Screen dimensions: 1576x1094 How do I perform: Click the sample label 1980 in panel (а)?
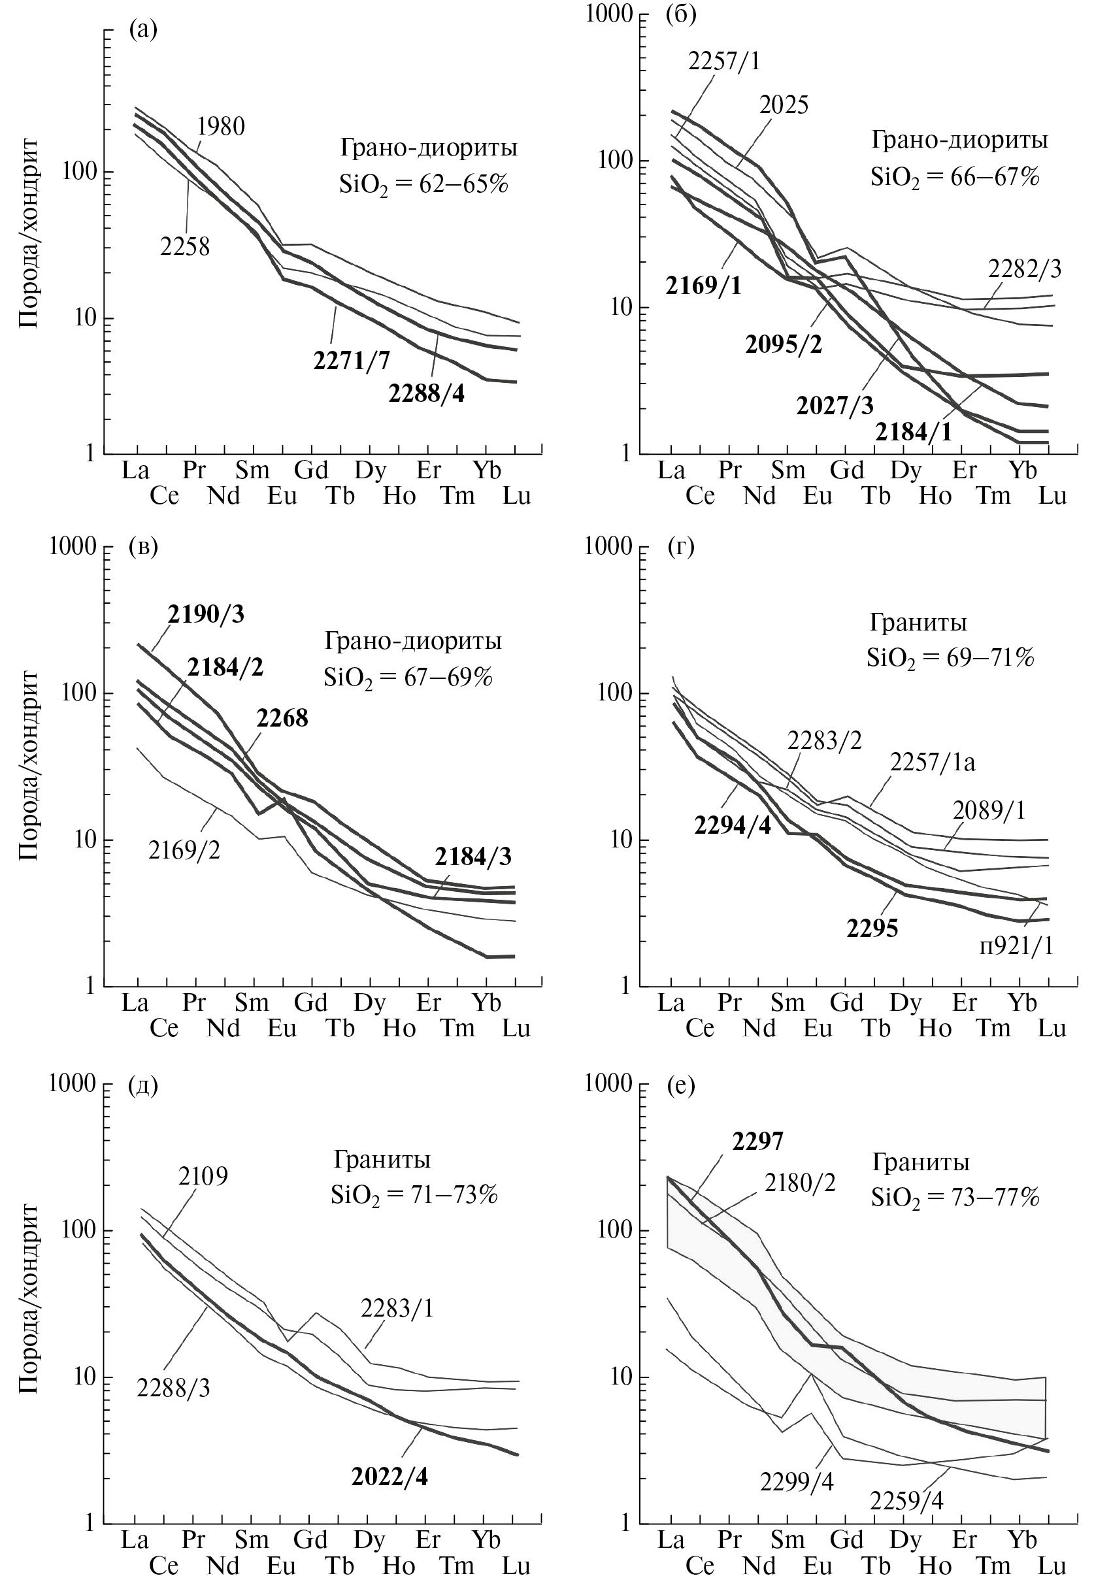click(x=221, y=127)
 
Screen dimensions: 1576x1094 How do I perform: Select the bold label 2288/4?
click(x=426, y=394)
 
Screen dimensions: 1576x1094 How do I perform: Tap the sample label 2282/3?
click(x=1024, y=269)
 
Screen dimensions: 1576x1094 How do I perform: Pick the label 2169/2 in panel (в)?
click(x=184, y=851)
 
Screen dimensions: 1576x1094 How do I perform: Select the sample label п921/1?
click(x=1016, y=946)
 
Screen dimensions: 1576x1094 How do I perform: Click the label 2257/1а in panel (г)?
click(x=932, y=762)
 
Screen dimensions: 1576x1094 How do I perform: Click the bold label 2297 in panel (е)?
click(x=757, y=1141)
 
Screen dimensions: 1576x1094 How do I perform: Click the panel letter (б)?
click(x=681, y=15)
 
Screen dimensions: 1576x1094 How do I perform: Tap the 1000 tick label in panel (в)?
click(x=73, y=548)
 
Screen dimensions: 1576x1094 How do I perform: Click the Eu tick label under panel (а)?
click(x=282, y=495)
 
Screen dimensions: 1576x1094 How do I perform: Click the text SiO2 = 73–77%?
click(x=955, y=1198)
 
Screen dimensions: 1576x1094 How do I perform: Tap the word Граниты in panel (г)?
click(x=918, y=622)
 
